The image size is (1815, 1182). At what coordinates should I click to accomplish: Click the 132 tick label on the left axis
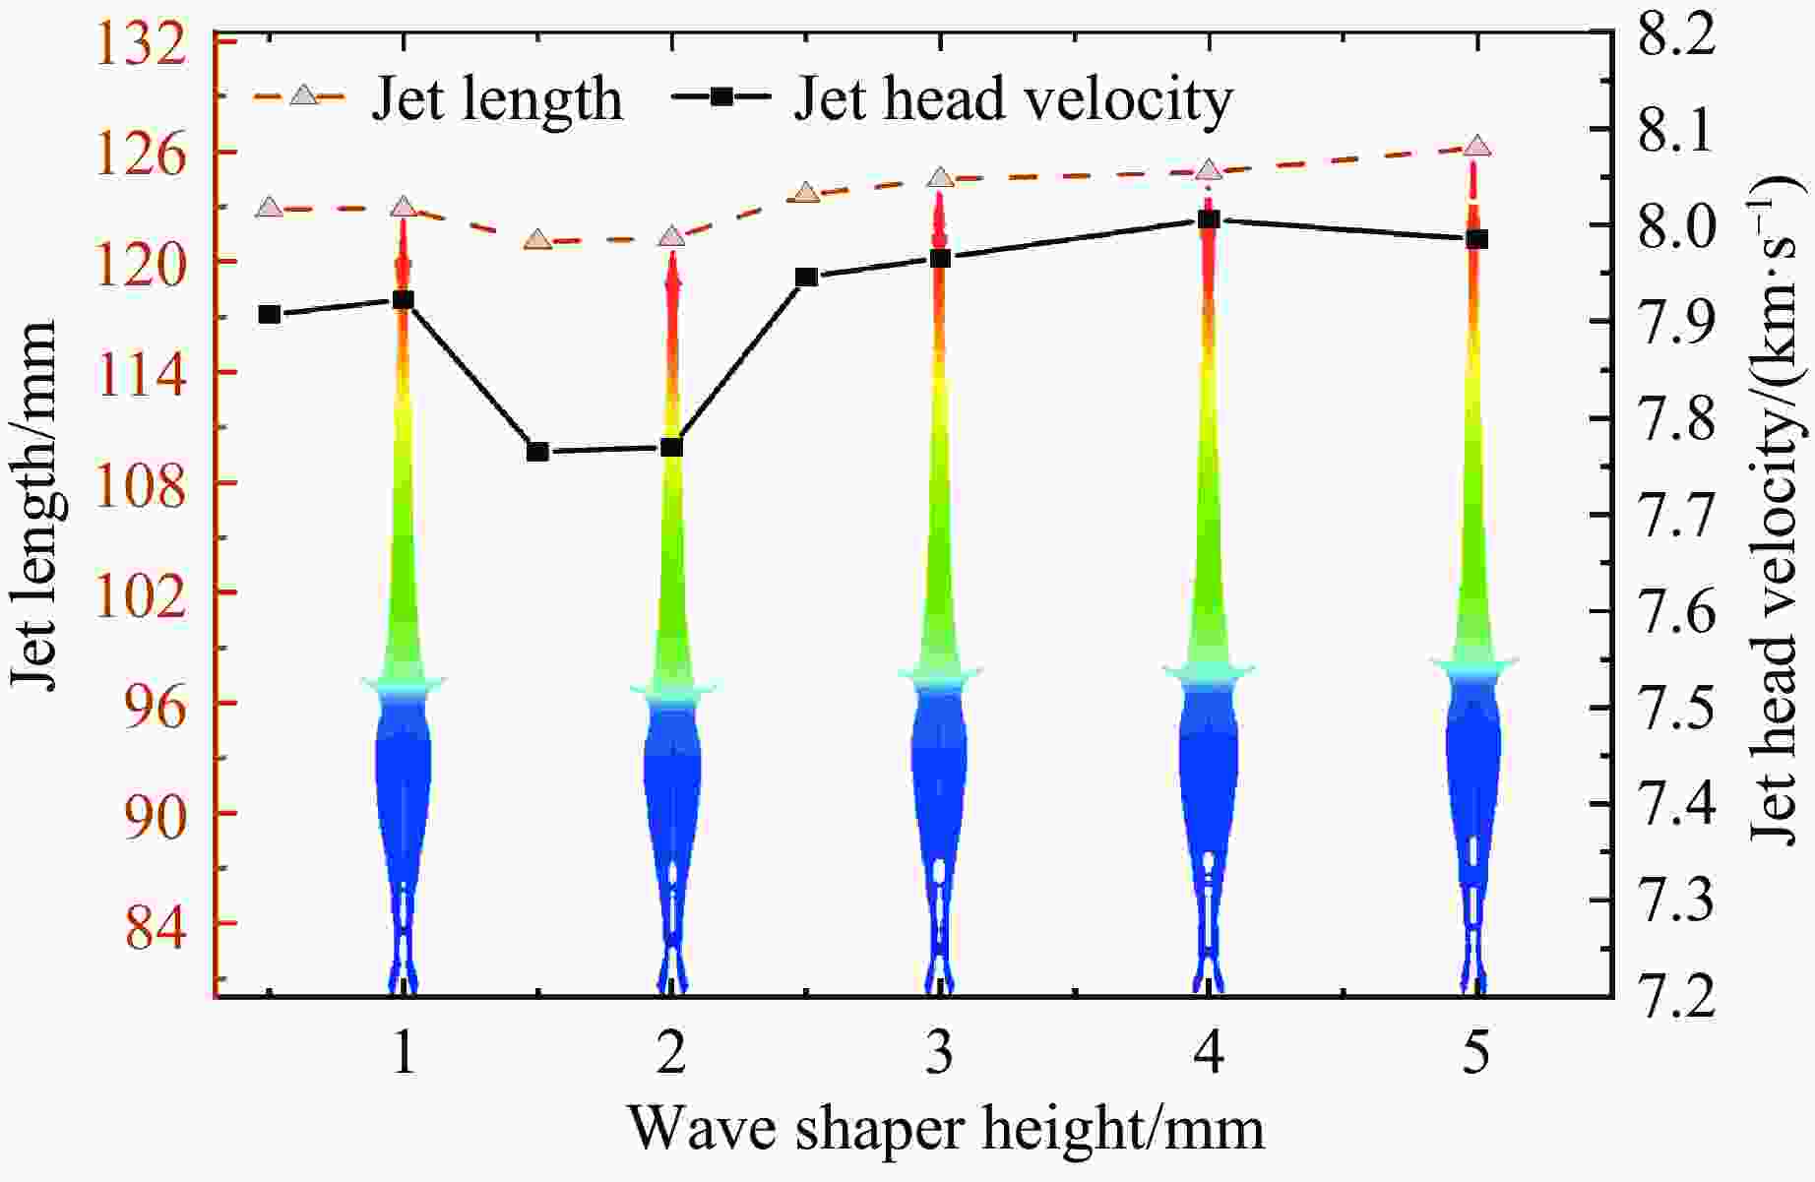pyautogui.click(x=156, y=44)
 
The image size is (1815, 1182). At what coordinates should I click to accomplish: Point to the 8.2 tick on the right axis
pyautogui.click(x=1673, y=36)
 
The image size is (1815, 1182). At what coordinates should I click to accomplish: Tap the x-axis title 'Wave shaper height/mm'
pyautogui.click(x=945, y=1129)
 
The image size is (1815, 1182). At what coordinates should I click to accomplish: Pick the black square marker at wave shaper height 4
pyautogui.click(x=1210, y=219)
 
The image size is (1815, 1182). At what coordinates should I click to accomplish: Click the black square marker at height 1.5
pyautogui.click(x=537, y=452)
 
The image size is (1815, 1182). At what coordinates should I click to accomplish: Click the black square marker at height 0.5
pyautogui.click(x=270, y=315)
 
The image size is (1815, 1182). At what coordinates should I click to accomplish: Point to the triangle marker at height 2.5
pyautogui.click(x=807, y=193)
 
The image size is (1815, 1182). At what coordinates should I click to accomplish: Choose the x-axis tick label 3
pyautogui.click(x=940, y=1055)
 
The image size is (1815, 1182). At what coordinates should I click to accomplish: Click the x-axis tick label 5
pyautogui.click(x=1476, y=1055)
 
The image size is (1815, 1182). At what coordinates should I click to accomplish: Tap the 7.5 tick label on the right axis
pyautogui.click(x=1673, y=708)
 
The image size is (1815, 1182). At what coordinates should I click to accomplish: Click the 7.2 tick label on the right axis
pyautogui.click(x=1673, y=995)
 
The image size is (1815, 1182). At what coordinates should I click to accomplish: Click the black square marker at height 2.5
pyautogui.click(x=807, y=278)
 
